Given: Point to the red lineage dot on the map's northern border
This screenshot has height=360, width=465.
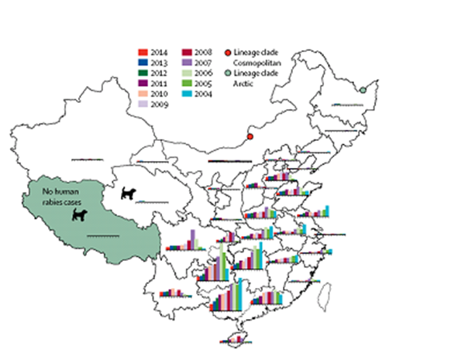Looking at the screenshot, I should [x=250, y=138].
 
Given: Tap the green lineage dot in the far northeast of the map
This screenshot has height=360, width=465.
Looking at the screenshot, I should [x=363, y=90].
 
